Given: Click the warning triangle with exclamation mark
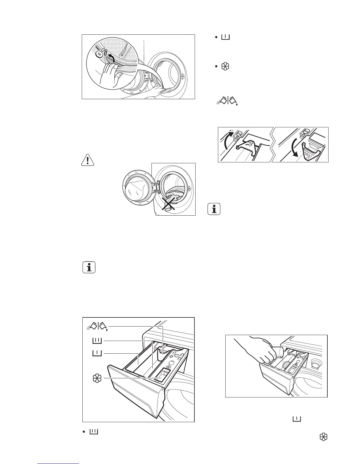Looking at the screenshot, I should point(87,159).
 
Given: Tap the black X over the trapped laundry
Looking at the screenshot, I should point(169,204).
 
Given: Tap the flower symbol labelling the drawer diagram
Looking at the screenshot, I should point(97,379).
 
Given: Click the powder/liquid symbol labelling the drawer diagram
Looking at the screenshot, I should point(98,326).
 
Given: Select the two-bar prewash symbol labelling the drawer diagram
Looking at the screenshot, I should point(97,341).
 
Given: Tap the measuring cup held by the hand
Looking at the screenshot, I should point(279,352).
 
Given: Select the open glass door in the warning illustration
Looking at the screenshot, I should point(137,189).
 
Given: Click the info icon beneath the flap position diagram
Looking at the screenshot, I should point(214,209).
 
